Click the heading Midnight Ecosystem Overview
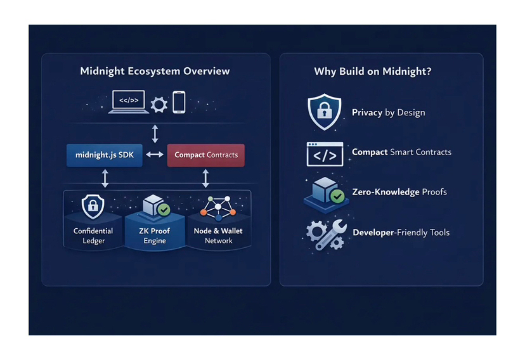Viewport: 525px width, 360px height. pos(155,71)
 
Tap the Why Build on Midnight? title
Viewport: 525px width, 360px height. pos(373,71)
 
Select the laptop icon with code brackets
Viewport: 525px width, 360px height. pos(129,102)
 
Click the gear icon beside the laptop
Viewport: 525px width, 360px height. pos(159,104)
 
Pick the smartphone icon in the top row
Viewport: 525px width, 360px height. pos(179,102)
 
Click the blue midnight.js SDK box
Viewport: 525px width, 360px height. pos(105,155)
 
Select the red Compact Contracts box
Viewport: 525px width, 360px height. pos(205,155)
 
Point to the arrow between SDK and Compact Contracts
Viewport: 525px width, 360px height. pos(155,155)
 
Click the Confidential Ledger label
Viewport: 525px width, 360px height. pos(93,236)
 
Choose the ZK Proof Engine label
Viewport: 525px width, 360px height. pos(155,236)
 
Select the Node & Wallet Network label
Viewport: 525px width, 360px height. pos(218,236)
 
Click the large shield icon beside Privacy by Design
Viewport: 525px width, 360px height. pos(324,112)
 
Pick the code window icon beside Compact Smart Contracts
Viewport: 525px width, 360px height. pos(325,153)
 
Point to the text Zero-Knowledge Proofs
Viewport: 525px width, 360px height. pos(399,192)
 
